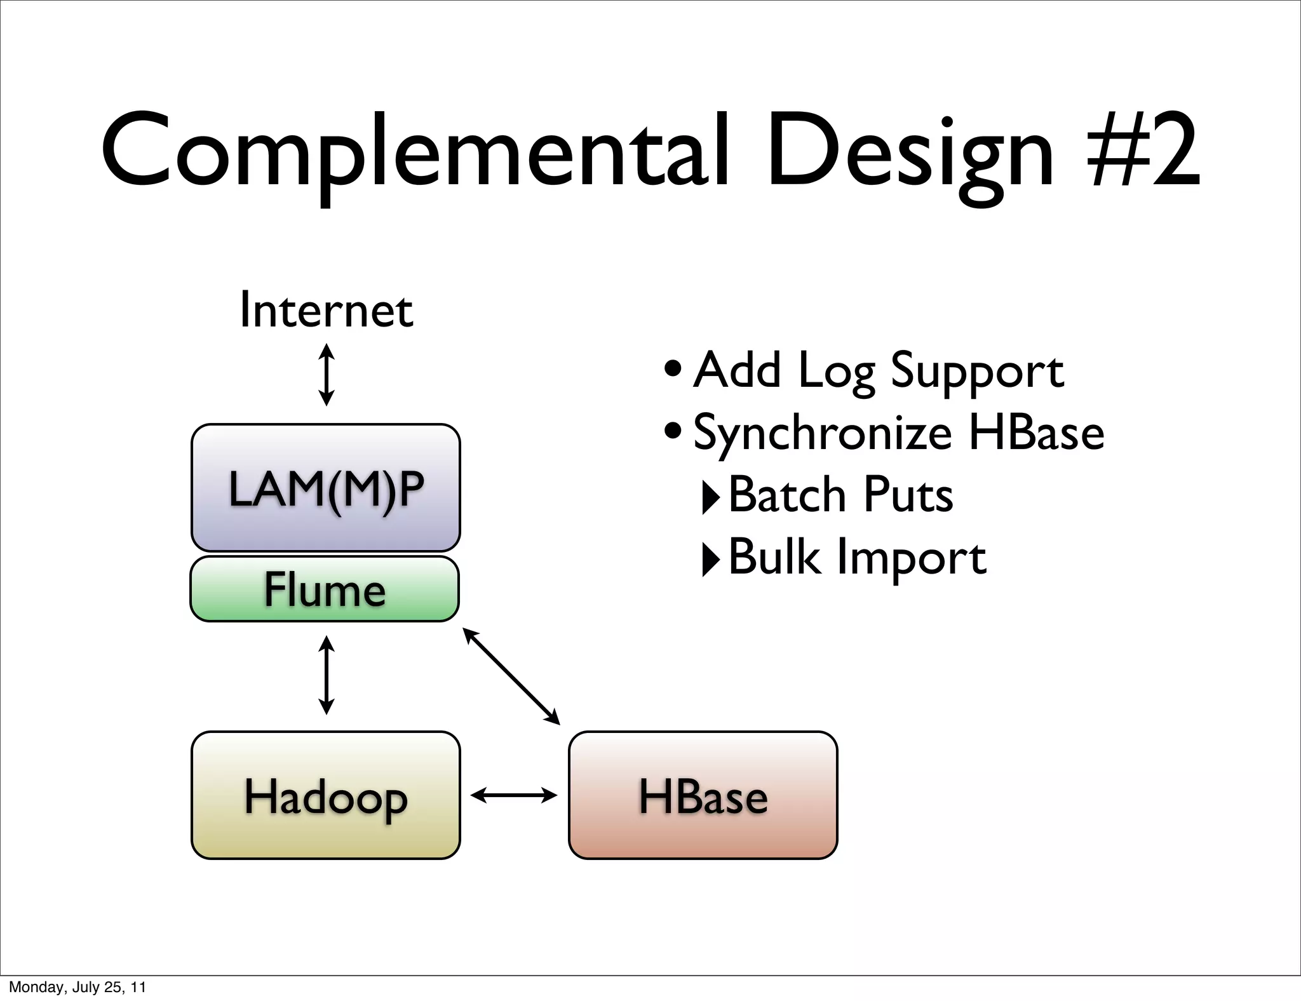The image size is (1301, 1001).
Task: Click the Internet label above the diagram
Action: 326,311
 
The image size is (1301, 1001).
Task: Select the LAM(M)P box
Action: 325,488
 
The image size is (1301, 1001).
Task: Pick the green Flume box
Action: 325,589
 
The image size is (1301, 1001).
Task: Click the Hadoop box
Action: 325,795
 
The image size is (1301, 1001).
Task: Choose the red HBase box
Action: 703,795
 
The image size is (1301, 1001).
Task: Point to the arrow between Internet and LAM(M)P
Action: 326,375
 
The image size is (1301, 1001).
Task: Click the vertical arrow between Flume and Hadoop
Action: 326,676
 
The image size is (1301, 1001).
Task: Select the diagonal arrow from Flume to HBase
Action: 511,676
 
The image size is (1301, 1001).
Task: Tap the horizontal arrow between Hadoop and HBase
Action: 513,795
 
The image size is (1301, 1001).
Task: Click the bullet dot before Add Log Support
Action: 673,369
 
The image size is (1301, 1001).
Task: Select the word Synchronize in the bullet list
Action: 822,433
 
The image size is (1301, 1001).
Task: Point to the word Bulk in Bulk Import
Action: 773,556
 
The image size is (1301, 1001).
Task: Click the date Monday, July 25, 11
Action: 78,987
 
